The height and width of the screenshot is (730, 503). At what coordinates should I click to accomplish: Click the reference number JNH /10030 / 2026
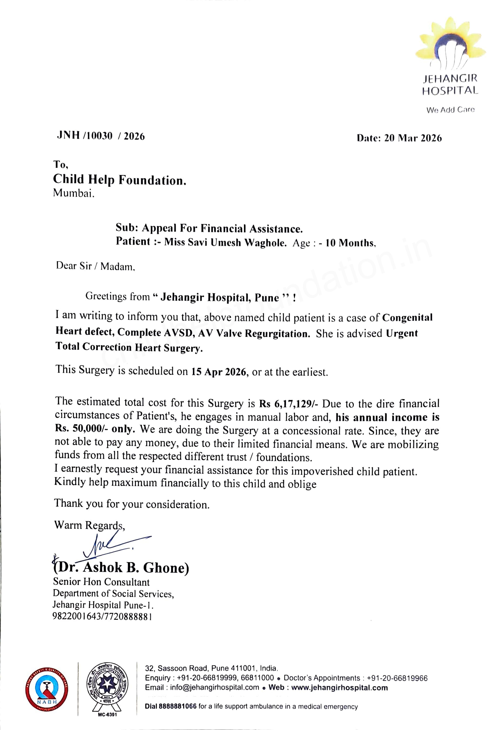[x=101, y=136]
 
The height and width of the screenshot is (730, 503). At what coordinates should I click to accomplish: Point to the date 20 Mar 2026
[x=413, y=138]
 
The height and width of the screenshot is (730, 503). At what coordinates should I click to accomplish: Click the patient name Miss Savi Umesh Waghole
[x=225, y=242]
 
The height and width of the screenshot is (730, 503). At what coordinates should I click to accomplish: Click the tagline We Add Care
[x=450, y=110]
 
